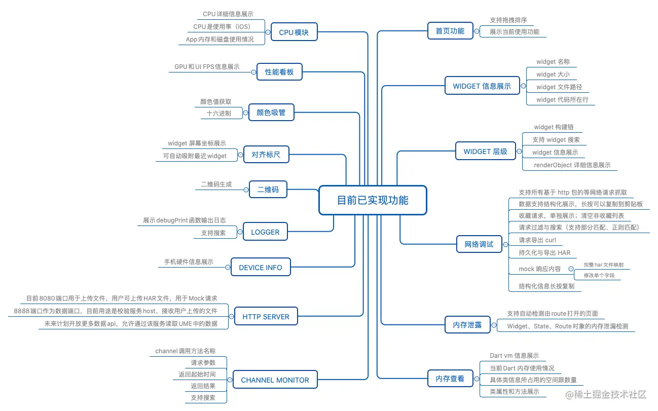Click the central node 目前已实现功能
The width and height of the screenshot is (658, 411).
coord(373,200)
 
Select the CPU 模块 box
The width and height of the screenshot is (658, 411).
coord(294,32)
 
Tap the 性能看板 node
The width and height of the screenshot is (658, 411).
coord(279,72)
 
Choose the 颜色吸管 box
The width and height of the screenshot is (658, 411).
coord(271,112)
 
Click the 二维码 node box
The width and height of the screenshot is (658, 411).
coord(268,190)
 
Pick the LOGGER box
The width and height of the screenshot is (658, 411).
coord(265,232)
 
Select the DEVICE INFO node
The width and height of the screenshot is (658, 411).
coord(261,267)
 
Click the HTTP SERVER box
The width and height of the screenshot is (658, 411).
coord(266,316)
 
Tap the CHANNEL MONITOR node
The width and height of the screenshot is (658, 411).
coord(275,380)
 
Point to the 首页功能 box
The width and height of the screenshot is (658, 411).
coord(450,31)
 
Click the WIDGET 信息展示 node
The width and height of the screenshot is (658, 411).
coord(482,86)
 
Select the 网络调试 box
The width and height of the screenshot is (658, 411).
coord(479,244)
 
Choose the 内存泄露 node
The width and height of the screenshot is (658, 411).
coord(467,324)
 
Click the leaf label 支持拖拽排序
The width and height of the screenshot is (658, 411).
coord(508,20)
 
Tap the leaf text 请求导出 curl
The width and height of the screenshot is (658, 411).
coord(537,240)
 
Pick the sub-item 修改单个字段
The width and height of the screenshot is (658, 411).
coord(599,275)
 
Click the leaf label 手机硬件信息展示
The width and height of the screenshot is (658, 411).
coord(188,262)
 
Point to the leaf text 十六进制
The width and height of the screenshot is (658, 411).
coord(218,114)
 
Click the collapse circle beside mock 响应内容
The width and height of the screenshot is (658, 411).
coord(571,269)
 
